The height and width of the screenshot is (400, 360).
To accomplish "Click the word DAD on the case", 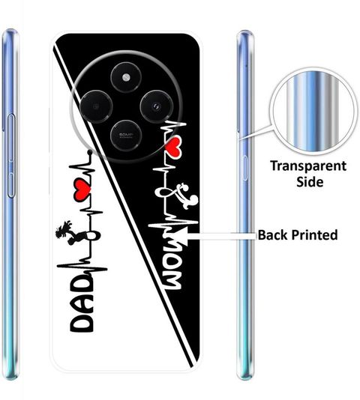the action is pyautogui.click(x=82, y=303).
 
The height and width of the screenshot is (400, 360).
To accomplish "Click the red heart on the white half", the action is pyautogui.click(x=82, y=189).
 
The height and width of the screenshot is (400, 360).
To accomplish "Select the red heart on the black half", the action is pyautogui.click(x=173, y=146).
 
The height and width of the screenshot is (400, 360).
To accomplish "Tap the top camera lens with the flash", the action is pyautogui.click(x=126, y=77).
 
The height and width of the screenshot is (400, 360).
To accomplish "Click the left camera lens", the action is pyautogui.click(x=96, y=106).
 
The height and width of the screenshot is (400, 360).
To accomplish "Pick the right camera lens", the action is pyautogui.click(x=156, y=106).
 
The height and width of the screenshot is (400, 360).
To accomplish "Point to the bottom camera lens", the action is pyautogui.click(x=126, y=135).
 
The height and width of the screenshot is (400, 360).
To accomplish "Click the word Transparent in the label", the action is pyautogui.click(x=308, y=166).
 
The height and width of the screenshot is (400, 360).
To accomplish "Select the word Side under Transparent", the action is pyautogui.click(x=310, y=182).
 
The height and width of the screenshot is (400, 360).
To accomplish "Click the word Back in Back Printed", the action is pyautogui.click(x=274, y=234).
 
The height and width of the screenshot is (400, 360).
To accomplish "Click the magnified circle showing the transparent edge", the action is pyautogui.click(x=313, y=112).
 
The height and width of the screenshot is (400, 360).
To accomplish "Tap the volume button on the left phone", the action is pyautogui.click(x=11, y=156).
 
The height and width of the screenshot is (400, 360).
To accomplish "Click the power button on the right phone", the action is pyautogui.click(x=244, y=168).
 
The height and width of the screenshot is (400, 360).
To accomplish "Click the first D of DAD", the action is pyautogui.click(x=82, y=323).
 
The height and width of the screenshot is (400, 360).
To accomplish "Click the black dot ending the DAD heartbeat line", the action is pyautogui.click(x=89, y=153).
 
